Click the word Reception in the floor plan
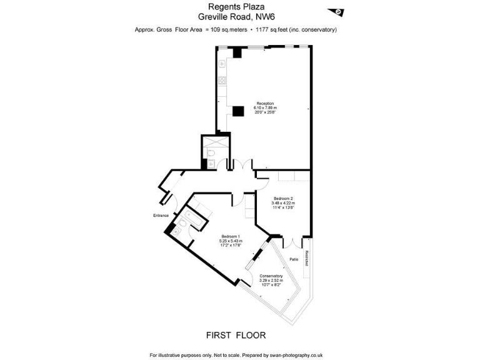[264, 103]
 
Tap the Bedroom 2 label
[282, 198]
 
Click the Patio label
[293, 259]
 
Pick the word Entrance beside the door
[161, 216]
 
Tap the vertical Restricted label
[307, 258]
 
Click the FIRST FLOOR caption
[236, 335]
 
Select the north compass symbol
[337, 11]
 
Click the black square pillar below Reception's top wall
[237, 53]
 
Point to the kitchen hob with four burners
[221, 79]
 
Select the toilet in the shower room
[211, 154]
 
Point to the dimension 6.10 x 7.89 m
[264, 108]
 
